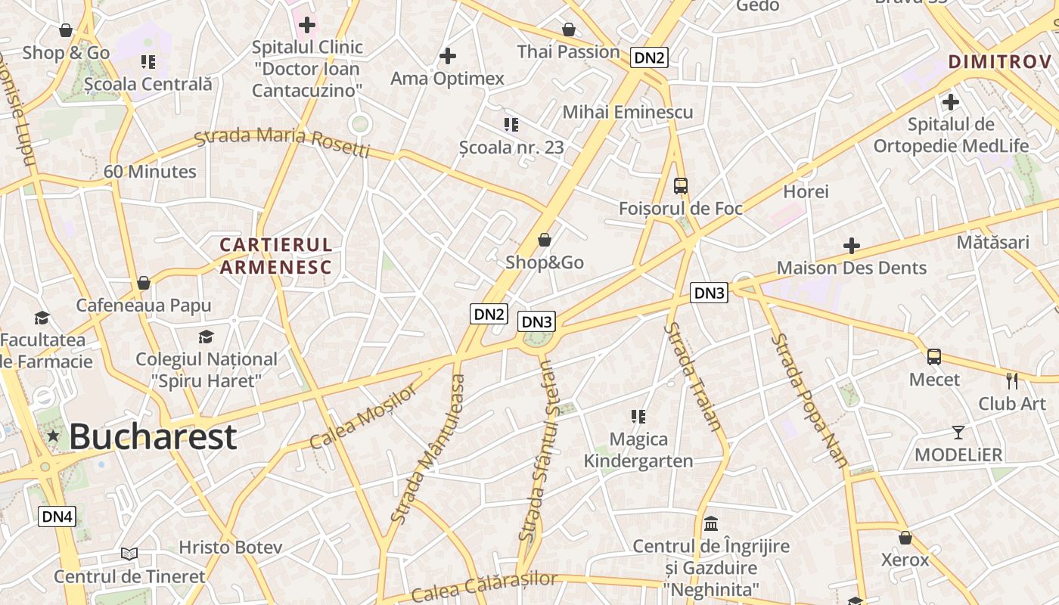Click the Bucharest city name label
pos(153,437)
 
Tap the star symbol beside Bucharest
pos(53,436)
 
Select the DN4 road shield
pos(57,517)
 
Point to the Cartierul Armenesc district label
pos(276,256)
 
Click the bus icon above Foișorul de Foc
pos(681,186)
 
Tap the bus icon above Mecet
pos(934,357)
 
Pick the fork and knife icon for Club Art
pos(1012,380)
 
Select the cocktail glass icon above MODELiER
pos(958,433)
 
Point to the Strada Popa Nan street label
pos(809,401)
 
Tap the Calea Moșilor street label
pos(364,417)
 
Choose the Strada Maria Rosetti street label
pos(282,141)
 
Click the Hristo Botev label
pos(231,547)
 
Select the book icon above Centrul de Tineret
pos(129,554)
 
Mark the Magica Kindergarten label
pos(638,450)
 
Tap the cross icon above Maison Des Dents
pos(852,246)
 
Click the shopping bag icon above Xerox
pos(905,538)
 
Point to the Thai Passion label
pos(569,51)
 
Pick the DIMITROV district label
pos(1000,62)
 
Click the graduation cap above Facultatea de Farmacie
pos(42,318)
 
